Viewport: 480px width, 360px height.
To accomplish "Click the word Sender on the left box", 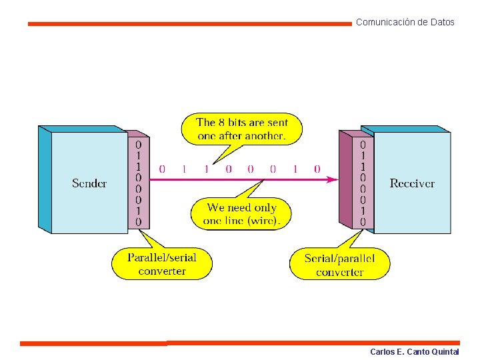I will [x=89, y=183].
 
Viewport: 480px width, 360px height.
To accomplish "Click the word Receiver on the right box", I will [x=412, y=183].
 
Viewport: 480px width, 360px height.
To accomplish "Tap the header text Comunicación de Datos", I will [x=405, y=22].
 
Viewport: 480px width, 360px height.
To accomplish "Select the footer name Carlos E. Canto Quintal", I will [x=414, y=351].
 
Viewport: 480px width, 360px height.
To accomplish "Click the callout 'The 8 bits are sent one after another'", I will [x=241, y=129].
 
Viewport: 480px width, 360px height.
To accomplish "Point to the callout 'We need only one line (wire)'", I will [x=241, y=214].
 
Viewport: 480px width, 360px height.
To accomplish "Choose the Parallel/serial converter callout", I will [x=162, y=264].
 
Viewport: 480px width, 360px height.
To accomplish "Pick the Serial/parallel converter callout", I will [x=339, y=265].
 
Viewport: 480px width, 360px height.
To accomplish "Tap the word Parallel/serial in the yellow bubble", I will [x=162, y=258].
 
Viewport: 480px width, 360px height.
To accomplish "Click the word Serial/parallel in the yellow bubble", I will [x=339, y=259].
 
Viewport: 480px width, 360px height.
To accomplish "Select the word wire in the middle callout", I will [x=265, y=221].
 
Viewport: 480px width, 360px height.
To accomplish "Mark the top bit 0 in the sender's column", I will [x=138, y=144].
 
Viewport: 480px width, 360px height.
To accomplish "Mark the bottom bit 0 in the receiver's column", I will [x=363, y=222].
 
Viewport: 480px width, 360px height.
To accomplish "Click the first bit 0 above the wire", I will [x=162, y=169].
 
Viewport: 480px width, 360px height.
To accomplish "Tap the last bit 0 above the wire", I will [x=317, y=169].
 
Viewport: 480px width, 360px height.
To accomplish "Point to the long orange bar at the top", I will [x=189, y=23].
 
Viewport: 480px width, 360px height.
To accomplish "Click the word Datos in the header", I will [x=443, y=22].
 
